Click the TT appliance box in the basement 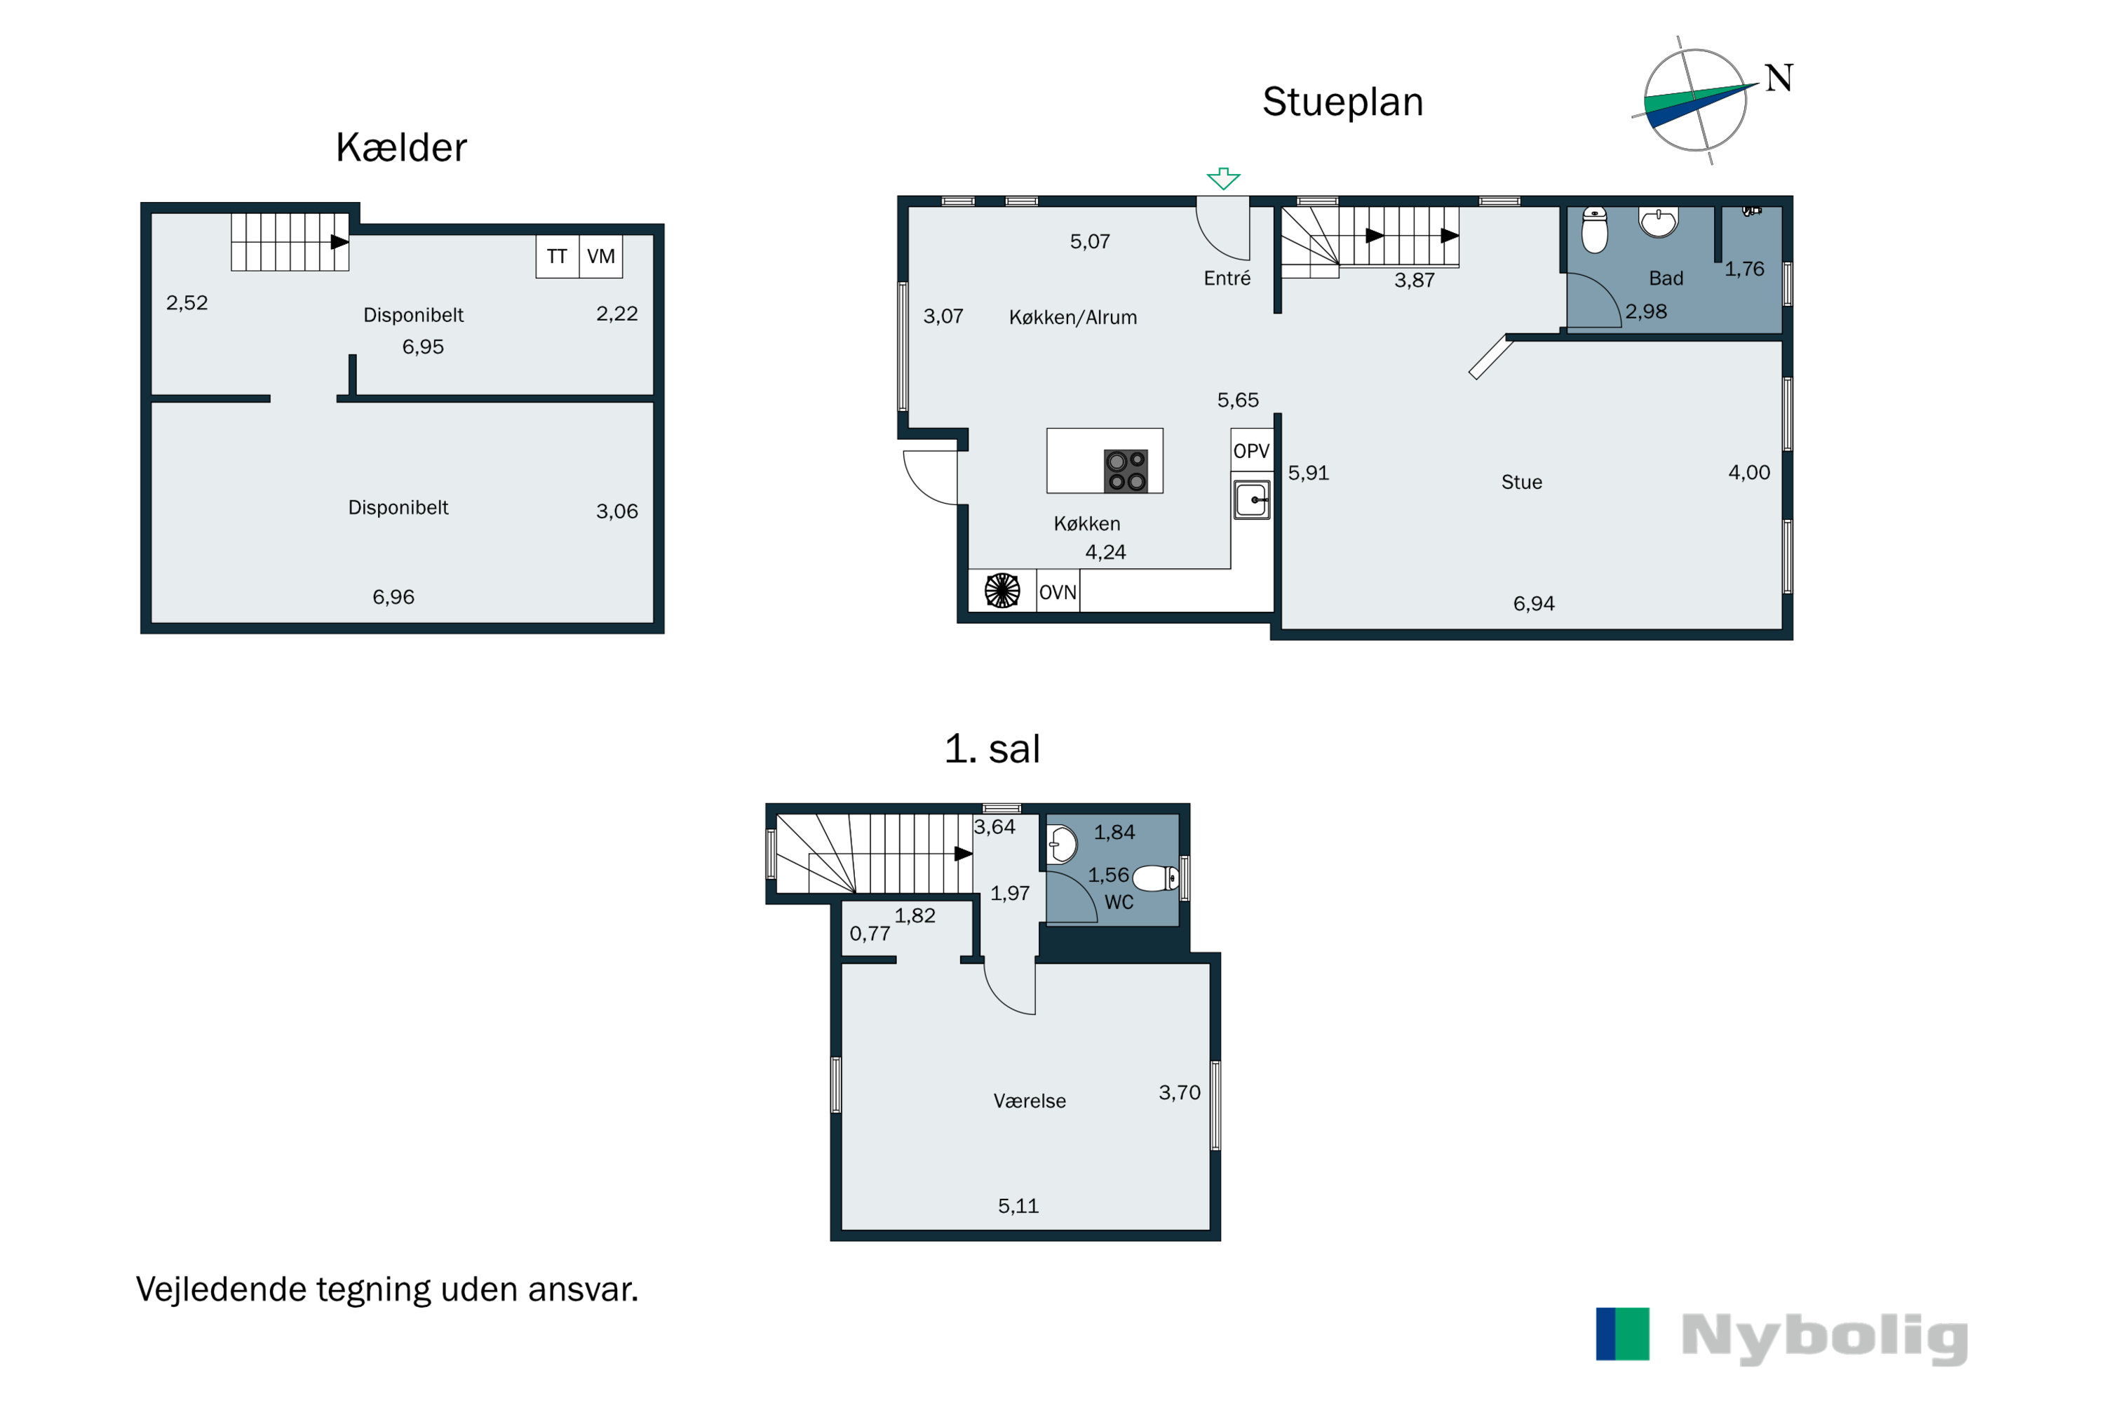click(x=558, y=257)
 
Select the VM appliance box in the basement click(x=601, y=257)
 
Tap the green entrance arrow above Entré click(x=1223, y=178)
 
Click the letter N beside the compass click(x=1779, y=78)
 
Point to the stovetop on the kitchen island click(x=1126, y=471)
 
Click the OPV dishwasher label click(x=1251, y=451)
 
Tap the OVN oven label click(x=1058, y=592)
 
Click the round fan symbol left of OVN click(x=1002, y=591)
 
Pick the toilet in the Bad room click(x=1595, y=230)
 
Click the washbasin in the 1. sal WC click(x=1062, y=844)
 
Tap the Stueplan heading click(x=1343, y=102)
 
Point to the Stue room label click(x=1522, y=483)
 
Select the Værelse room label click(x=1030, y=1101)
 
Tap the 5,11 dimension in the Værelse click(x=1018, y=1206)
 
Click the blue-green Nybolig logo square click(x=1623, y=1334)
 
